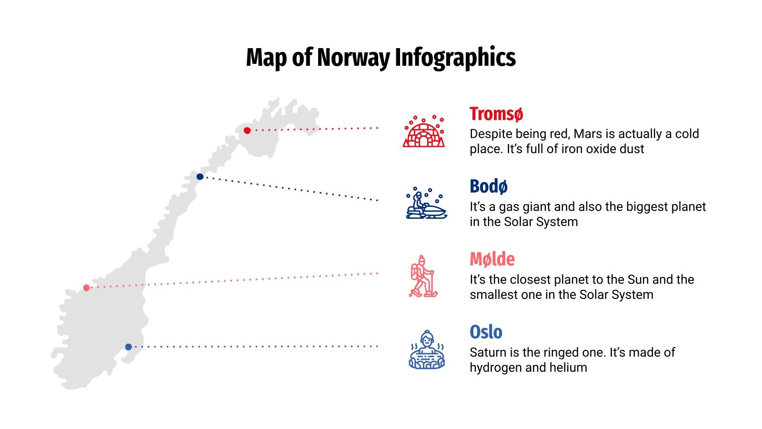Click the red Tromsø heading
[496, 114]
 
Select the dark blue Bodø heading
[489, 186]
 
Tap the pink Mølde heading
[492, 259]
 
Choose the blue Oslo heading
[486, 332]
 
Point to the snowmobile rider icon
[426, 204]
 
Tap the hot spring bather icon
[427, 350]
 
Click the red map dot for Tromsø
[247, 131]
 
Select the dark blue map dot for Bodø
[200, 177]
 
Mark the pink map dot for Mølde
[86, 288]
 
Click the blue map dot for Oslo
[129, 347]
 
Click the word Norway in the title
[353, 58]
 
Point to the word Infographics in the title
[455, 58]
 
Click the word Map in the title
[267, 58]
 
